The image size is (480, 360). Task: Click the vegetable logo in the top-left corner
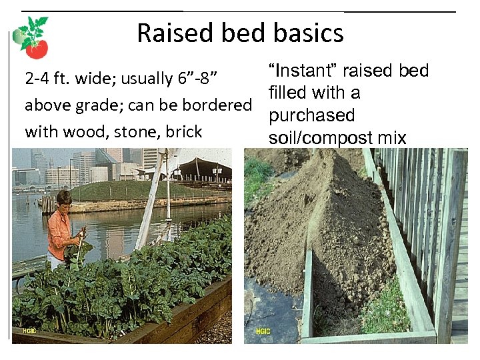pos(33,38)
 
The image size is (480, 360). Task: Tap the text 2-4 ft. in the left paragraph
pos(47,79)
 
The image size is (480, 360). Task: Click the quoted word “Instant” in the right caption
pos(300,71)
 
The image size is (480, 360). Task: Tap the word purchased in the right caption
pos(311,115)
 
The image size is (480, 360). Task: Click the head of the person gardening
pos(64,199)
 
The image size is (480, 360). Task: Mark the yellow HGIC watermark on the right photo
pos(264,331)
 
